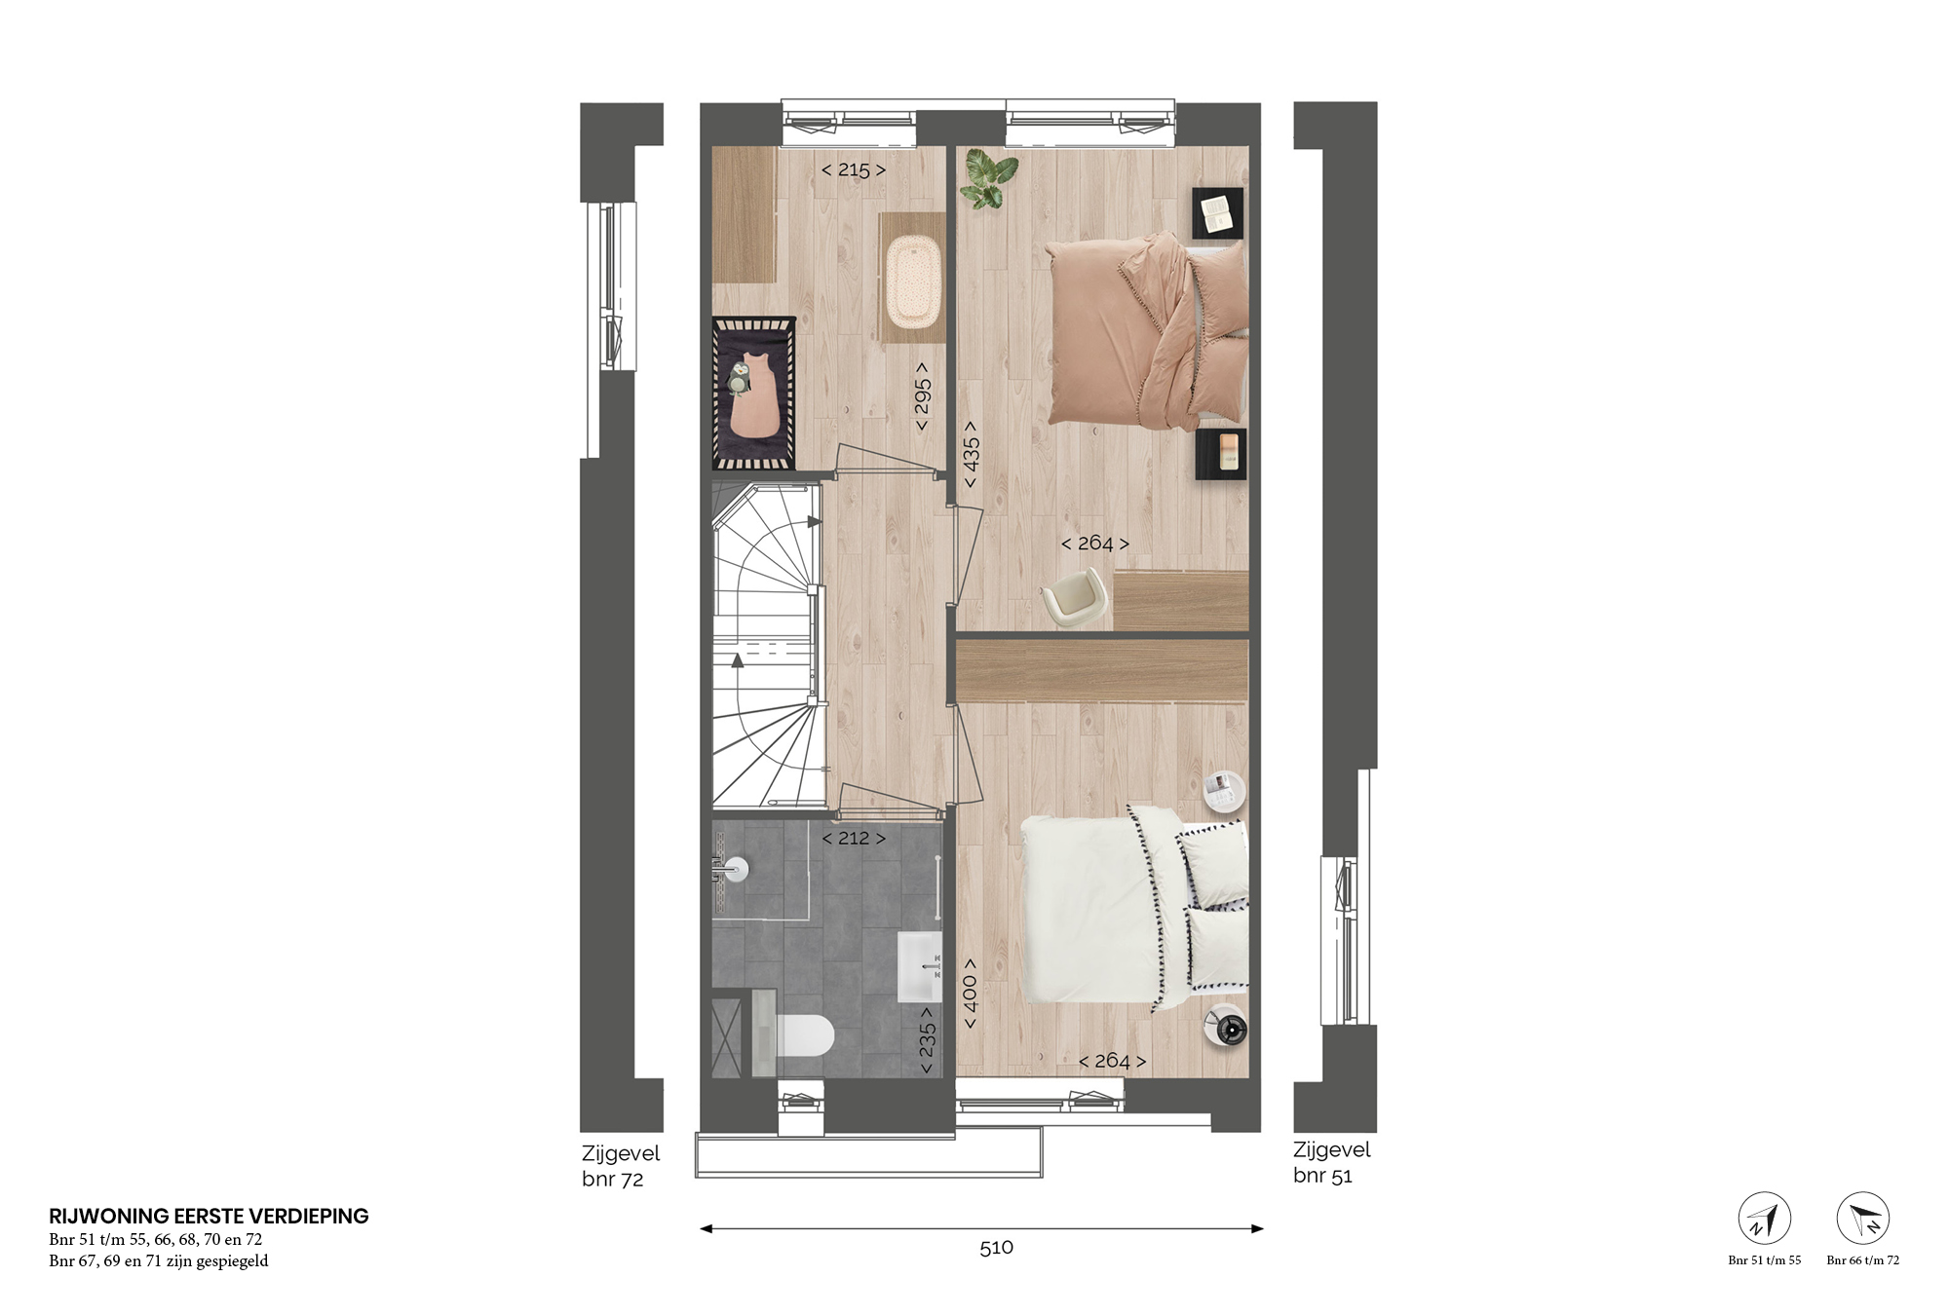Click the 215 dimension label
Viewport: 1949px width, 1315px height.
pyautogui.click(x=854, y=169)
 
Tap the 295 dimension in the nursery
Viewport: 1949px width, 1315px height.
pyautogui.click(x=922, y=396)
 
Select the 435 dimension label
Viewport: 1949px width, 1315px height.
pyautogui.click(x=971, y=455)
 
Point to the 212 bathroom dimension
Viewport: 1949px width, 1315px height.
pyautogui.click(x=854, y=838)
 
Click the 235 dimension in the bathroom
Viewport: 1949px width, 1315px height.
pyautogui.click(x=927, y=1040)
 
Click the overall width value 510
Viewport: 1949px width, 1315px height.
pyautogui.click(x=997, y=1248)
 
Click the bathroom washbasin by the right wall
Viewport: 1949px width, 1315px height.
pyautogui.click(x=919, y=966)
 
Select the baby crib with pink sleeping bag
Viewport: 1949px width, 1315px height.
pyautogui.click(x=755, y=392)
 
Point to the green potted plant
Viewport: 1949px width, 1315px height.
pyautogui.click(x=980, y=180)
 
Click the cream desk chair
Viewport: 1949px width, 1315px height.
pyautogui.click(x=1075, y=593)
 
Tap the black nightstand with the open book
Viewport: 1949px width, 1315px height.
pyautogui.click(x=1218, y=212)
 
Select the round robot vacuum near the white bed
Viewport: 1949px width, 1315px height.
pyautogui.click(x=1228, y=1026)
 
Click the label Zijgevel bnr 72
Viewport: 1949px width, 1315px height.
pyautogui.click(x=621, y=1166)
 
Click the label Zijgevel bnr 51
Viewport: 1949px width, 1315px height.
pyautogui.click(x=1332, y=1162)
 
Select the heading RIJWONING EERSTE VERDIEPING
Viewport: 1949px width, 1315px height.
pyautogui.click(x=209, y=1216)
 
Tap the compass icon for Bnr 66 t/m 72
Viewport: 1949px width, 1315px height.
pyautogui.click(x=1863, y=1219)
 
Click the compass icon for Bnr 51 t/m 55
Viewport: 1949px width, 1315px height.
pyautogui.click(x=1765, y=1219)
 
